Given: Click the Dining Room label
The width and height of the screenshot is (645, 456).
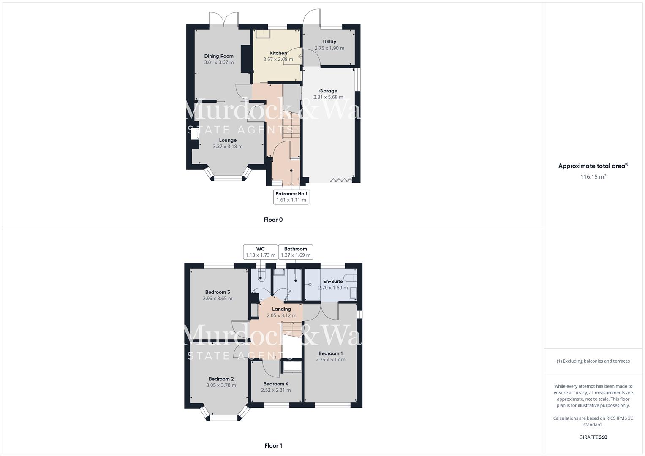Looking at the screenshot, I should (219, 56).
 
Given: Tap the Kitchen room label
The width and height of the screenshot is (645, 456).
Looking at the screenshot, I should (278, 53).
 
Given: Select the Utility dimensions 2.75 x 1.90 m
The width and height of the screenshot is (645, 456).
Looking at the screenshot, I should (329, 48).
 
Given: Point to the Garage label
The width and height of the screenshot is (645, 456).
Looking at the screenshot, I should (328, 91).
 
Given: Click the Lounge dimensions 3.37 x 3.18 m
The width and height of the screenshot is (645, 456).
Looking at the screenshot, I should (228, 147).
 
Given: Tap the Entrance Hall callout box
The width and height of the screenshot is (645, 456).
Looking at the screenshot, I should (291, 197).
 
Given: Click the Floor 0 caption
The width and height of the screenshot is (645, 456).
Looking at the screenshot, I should (273, 220).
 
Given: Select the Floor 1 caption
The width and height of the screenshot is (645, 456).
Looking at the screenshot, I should (273, 445).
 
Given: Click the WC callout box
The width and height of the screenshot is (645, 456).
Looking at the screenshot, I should (261, 252).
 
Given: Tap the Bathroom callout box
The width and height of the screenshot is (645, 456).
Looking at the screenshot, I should (296, 252).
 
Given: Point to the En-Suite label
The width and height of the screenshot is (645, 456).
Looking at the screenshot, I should (333, 282).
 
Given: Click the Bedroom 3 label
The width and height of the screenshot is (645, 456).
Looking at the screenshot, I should (218, 292).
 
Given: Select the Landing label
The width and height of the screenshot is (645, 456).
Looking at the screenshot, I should (281, 309).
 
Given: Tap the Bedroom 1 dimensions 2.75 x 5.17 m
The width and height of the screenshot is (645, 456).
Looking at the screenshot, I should (330, 360).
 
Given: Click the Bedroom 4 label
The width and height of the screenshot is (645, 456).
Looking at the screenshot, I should (276, 384).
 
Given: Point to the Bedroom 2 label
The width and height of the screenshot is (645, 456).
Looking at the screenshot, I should (221, 379).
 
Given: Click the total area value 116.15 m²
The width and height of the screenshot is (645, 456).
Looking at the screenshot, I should (593, 177).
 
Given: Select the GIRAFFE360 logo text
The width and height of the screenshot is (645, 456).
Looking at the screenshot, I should (593, 437).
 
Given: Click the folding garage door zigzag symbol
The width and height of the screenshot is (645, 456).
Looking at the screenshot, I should (340, 180).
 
